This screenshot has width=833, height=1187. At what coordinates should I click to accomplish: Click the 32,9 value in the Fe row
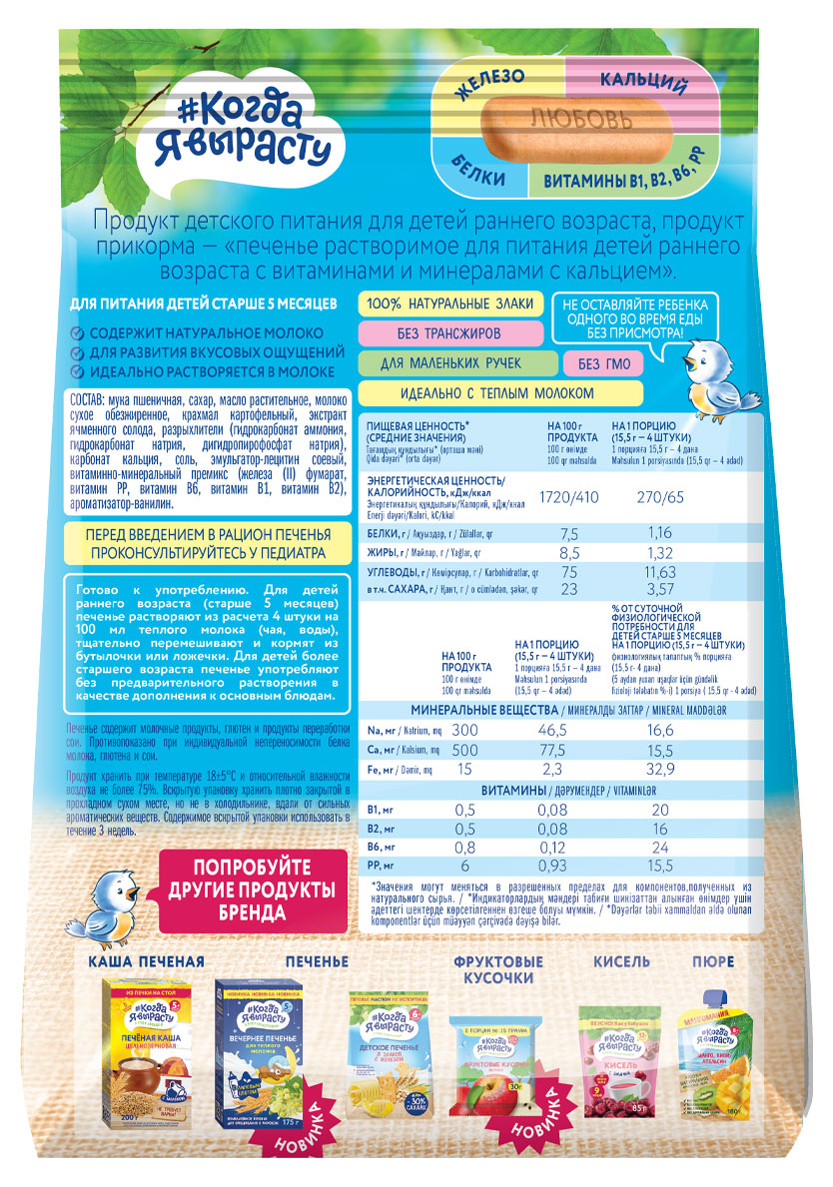click(x=658, y=770)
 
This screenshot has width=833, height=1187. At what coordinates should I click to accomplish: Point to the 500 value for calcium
click(x=465, y=750)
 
